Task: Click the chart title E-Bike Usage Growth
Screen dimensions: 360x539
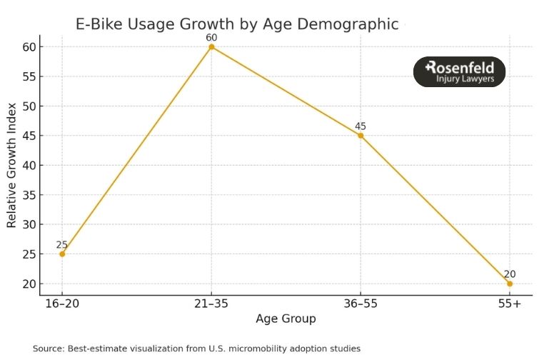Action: pos(237,24)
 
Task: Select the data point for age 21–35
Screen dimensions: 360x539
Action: pos(211,46)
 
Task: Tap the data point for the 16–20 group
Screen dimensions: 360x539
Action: pos(62,254)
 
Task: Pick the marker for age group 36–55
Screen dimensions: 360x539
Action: pos(361,136)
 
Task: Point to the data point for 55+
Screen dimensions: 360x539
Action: pos(510,284)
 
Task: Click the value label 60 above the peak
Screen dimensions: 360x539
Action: pos(211,37)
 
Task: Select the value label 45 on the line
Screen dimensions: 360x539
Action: pos(361,126)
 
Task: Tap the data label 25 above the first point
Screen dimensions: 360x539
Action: pos(62,244)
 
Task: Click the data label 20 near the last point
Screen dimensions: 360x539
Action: pos(510,274)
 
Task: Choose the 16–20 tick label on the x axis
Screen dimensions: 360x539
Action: pos(62,304)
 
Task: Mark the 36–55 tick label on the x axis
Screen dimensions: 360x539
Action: pos(361,304)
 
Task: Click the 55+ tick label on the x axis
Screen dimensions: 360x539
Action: pos(510,304)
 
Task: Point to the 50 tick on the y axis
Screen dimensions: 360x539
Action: pos(28,106)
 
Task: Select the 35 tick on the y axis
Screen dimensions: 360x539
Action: pos(28,195)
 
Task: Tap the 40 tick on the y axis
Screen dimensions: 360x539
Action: pos(28,165)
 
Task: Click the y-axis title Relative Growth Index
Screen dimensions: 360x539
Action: pos(11,165)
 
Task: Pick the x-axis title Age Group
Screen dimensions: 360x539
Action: pos(286,319)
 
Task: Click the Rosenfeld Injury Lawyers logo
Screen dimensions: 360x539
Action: pos(459,72)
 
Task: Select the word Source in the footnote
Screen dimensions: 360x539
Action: pos(48,349)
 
